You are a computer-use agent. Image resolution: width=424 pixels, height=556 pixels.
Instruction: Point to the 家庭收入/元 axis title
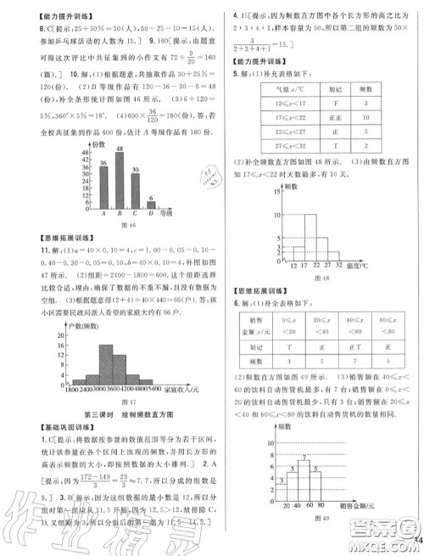click(x=177, y=390)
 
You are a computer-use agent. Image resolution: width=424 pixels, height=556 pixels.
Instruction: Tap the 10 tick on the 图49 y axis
click(x=269, y=442)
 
